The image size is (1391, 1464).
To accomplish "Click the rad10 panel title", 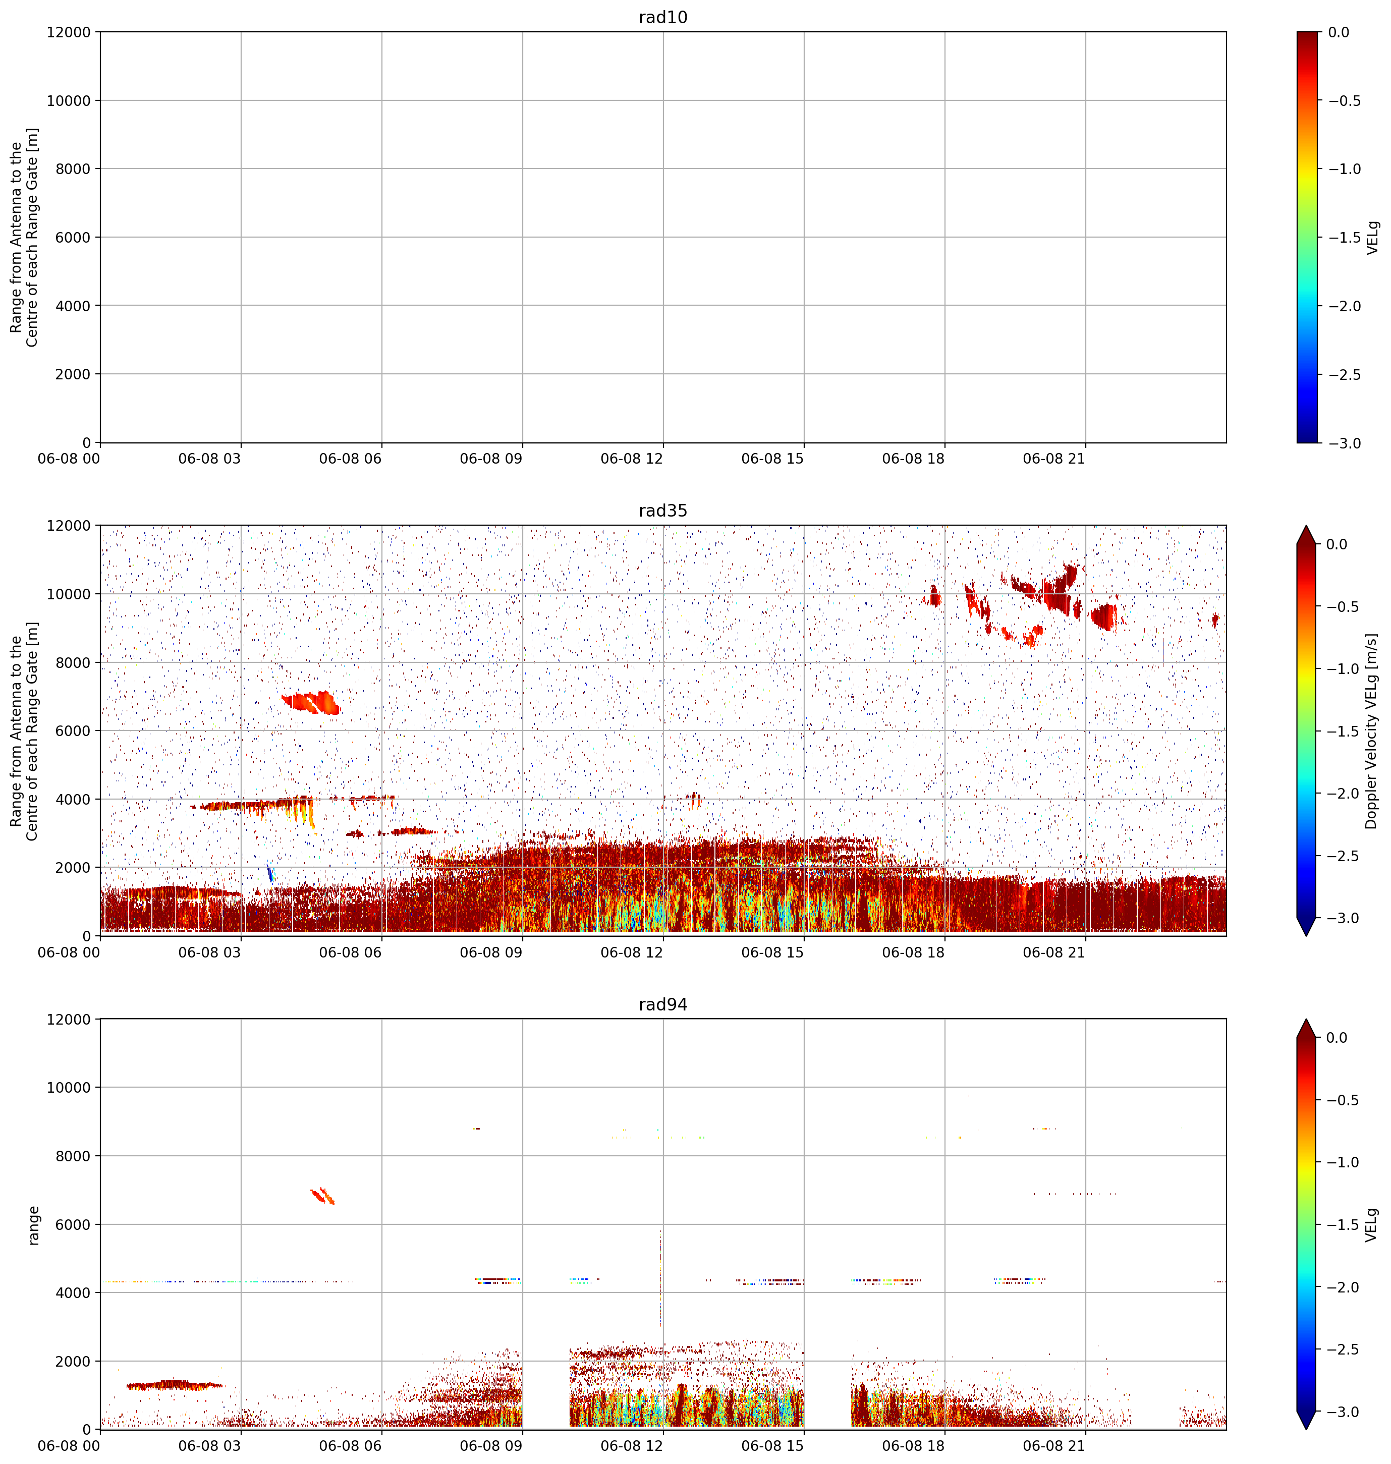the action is (663, 17).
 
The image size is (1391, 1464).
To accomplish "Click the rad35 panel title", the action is (663, 511).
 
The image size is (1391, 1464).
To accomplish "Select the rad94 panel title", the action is (663, 1004).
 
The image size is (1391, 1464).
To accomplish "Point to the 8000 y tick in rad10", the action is (73, 169).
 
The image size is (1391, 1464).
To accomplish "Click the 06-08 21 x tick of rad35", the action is (1053, 952).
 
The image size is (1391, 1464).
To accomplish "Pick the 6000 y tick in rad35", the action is (73, 731).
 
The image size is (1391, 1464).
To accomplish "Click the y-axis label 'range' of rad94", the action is (33, 1224).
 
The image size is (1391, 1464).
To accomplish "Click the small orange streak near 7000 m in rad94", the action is (322, 1196).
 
